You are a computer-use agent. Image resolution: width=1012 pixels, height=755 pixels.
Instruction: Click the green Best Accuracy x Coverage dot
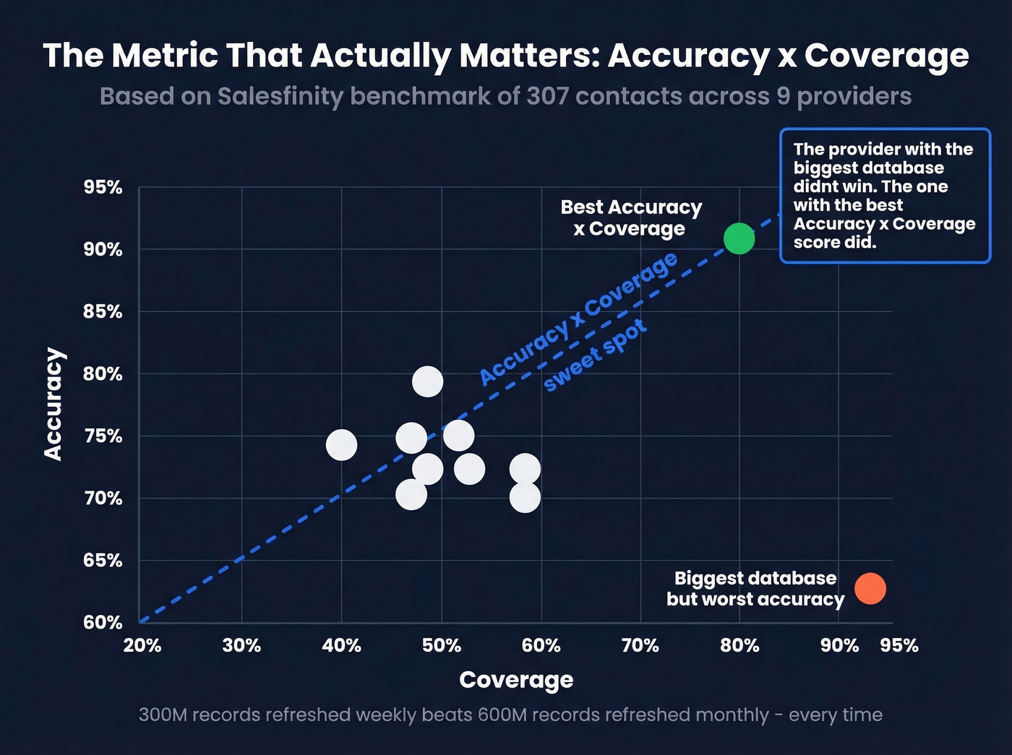point(739,238)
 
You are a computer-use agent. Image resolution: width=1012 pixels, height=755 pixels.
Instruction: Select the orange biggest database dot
point(870,589)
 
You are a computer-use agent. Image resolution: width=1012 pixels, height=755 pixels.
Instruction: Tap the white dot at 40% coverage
point(341,444)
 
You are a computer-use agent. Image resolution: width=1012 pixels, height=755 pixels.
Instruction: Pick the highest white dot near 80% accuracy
point(427,381)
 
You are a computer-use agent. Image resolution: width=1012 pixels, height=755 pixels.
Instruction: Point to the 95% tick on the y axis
point(103,187)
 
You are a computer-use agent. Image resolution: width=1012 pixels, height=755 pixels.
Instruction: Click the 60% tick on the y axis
point(103,622)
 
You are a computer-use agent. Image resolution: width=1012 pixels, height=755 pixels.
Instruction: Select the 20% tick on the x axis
point(142,645)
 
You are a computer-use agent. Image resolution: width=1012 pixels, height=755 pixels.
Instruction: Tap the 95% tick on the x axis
point(899,645)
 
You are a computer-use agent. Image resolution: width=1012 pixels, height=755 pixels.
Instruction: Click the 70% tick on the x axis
point(640,645)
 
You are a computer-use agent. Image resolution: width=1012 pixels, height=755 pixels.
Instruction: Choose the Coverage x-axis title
point(516,680)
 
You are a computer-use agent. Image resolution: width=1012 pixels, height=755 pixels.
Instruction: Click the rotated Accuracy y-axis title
point(53,404)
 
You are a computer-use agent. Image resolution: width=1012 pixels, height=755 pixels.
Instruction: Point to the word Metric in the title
point(164,56)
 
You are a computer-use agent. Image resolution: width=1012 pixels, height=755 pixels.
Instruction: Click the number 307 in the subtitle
point(546,96)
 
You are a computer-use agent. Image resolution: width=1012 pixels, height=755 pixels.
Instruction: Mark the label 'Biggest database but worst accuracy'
point(755,589)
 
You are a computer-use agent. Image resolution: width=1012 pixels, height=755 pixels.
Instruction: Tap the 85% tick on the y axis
point(103,311)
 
